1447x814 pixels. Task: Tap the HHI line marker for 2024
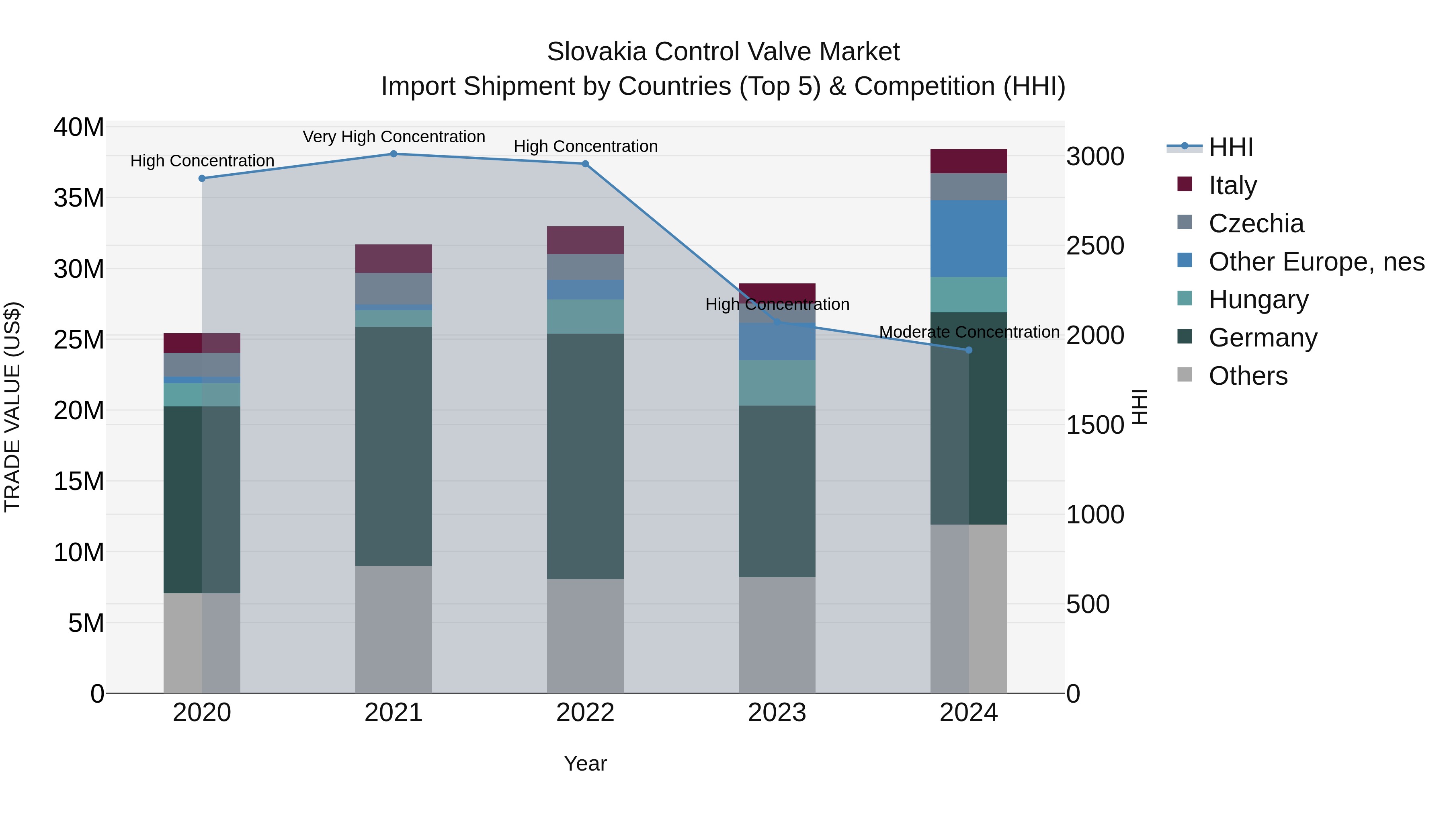pyautogui.click(x=968, y=350)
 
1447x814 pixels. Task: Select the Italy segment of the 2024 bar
pyautogui.click(x=968, y=161)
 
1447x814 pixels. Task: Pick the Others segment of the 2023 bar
pyautogui.click(x=777, y=635)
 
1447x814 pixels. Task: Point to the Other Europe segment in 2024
pyautogui.click(x=968, y=238)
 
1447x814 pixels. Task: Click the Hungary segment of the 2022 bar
pyautogui.click(x=585, y=316)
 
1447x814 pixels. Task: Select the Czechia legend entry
pyautogui.click(x=1256, y=223)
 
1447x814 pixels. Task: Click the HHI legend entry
pyautogui.click(x=1230, y=147)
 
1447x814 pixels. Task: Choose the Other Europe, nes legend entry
pyautogui.click(x=1316, y=262)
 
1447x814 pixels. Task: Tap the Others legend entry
pyautogui.click(x=1248, y=376)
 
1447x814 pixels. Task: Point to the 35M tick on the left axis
pyautogui.click(x=79, y=198)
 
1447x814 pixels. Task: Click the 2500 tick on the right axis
pyautogui.click(x=1095, y=246)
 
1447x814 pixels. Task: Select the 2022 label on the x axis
pyautogui.click(x=585, y=713)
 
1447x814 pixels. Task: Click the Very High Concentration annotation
pyautogui.click(x=394, y=137)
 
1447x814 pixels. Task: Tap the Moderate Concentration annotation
pyautogui.click(x=969, y=332)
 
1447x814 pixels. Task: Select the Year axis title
pyautogui.click(x=585, y=763)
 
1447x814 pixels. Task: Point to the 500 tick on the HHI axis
pyautogui.click(x=1088, y=605)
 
